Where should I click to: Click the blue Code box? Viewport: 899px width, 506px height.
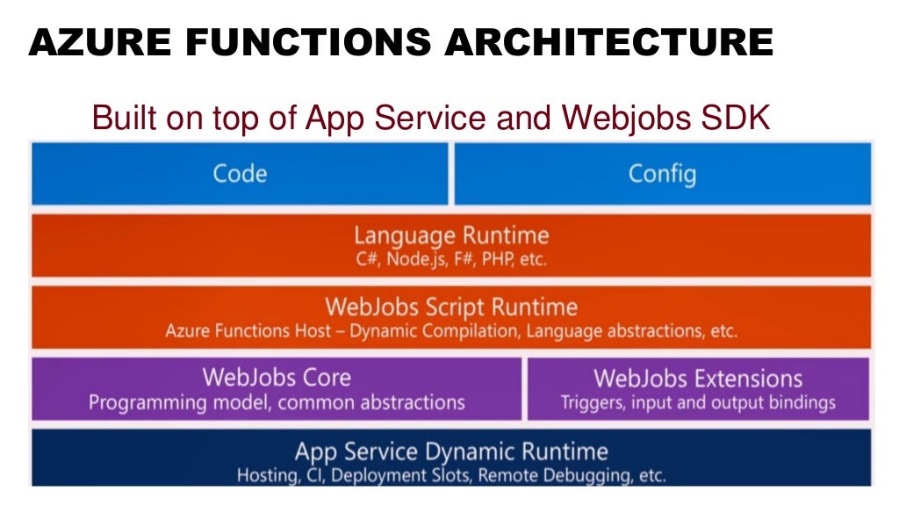(240, 173)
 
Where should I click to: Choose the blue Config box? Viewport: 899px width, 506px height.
(662, 173)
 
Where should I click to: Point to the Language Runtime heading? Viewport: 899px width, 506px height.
(451, 235)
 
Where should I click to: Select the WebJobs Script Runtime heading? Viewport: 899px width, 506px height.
(451, 307)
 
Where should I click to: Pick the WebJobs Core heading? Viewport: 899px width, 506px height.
(277, 378)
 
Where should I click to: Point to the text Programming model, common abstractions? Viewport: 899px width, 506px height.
(277, 403)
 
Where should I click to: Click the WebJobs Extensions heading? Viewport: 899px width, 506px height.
(698, 379)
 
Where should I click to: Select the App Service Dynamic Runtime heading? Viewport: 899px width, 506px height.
(451, 452)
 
